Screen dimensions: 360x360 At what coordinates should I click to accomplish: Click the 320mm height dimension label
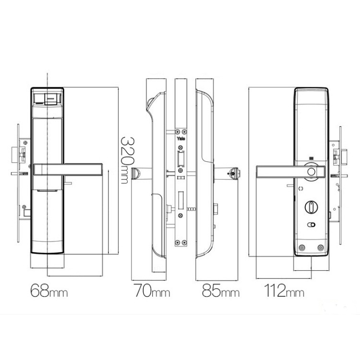point(128,160)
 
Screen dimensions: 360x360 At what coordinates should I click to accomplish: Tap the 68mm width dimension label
point(49,290)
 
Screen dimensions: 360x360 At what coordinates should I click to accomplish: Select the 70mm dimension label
point(152,290)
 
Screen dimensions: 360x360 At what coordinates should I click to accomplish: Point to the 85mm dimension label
point(221,290)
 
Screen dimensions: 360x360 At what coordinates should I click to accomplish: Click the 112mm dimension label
point(284,290)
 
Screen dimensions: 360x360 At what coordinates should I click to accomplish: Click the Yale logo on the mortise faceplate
point(181,139)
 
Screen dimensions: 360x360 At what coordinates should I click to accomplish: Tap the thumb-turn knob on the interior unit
point(311,206)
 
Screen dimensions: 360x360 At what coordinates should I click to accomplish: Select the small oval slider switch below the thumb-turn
point(311,225)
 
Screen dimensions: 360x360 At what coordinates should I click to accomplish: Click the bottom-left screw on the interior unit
point(302,248)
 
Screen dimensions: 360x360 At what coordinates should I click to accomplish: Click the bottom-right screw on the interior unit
point(321,248)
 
